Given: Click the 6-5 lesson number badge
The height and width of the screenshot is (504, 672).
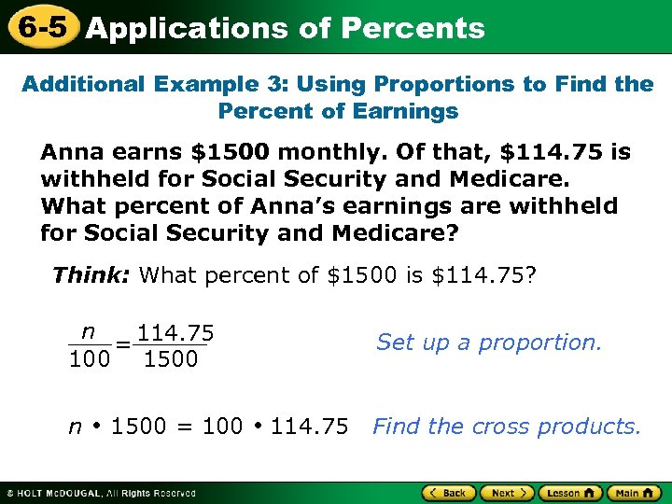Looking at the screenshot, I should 39,27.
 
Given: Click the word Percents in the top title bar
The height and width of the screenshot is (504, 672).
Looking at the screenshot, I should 413,28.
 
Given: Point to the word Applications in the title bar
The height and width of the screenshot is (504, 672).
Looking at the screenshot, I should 187,28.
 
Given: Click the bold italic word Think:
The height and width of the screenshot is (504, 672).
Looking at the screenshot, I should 92,275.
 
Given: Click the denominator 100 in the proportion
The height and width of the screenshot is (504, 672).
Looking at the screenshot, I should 89,359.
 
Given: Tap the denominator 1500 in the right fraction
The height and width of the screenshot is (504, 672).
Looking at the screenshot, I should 171,359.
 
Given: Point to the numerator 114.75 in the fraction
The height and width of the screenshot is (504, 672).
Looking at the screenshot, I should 175,333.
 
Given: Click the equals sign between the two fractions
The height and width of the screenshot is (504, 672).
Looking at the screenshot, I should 122,345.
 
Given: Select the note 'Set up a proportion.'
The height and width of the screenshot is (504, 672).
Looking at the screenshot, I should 489,343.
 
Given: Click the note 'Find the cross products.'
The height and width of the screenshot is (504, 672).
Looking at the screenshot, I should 507,427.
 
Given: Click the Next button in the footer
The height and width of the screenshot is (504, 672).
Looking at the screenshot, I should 509,492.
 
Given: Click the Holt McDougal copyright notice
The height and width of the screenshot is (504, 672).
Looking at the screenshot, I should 101,493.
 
